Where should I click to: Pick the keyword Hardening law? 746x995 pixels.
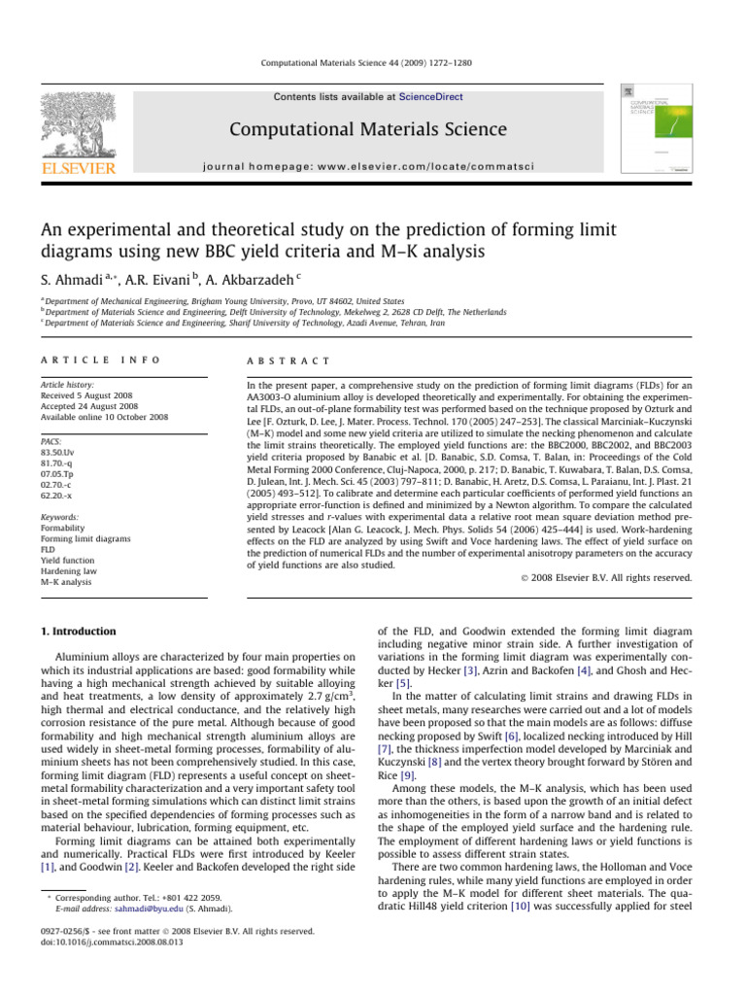(69, 572)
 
